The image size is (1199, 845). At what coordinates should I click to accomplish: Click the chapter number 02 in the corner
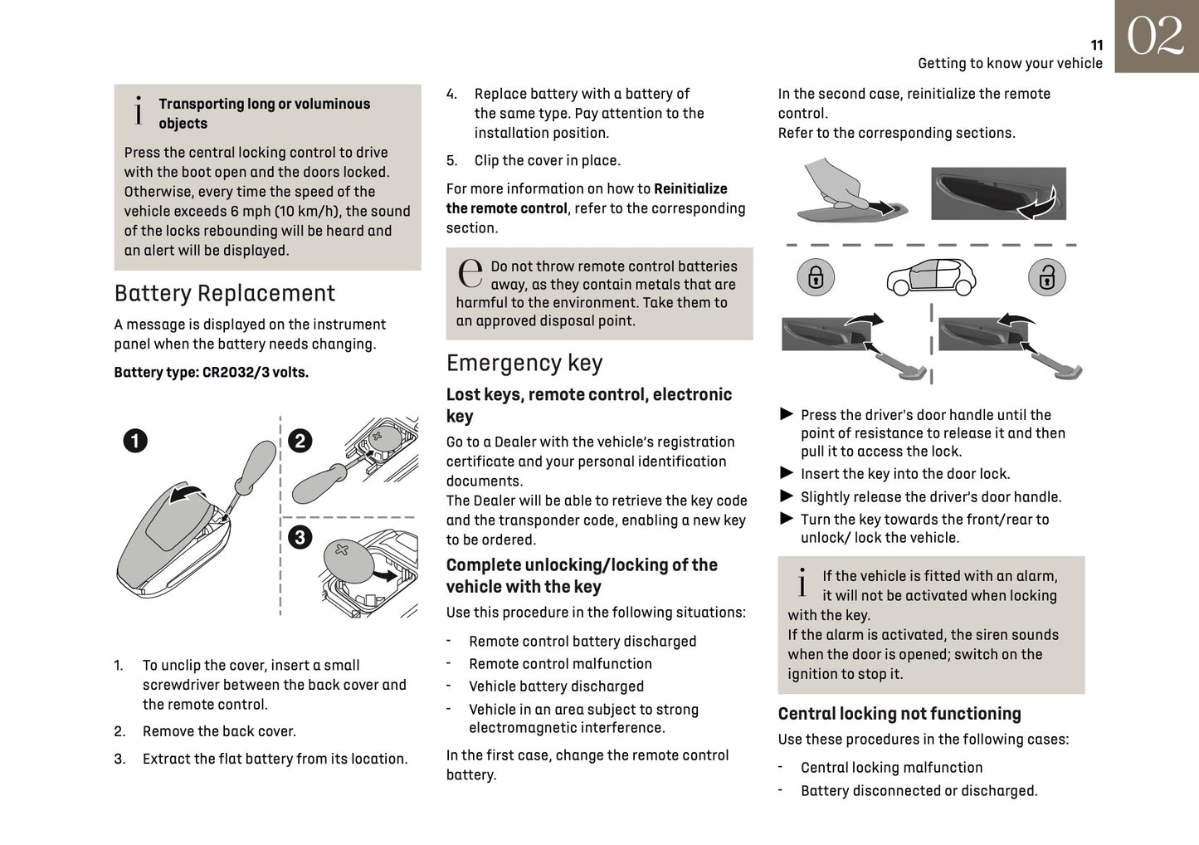coord(1155,37)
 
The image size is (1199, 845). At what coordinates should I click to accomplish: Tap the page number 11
coord(1096,46)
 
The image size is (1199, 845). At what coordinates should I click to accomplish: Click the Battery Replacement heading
coord(225,293)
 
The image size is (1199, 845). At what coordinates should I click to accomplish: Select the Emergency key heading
coord(524,363)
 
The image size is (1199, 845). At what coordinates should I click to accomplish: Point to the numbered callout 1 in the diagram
coord(135,440)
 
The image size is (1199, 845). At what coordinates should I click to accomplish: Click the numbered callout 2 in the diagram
coord(300,440)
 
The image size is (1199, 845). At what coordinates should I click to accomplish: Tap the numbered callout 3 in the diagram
coord(300,537)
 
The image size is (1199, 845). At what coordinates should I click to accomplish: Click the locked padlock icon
coord(816,277)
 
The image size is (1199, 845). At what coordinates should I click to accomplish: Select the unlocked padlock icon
coord(1046,277)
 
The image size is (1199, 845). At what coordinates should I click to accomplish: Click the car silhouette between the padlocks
coord(931,277)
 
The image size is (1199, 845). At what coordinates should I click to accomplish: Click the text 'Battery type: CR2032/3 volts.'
coord(211,373)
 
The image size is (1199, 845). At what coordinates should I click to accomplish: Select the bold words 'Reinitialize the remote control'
coord(586,199)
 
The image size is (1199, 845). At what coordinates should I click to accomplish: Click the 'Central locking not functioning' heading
coord(899,714)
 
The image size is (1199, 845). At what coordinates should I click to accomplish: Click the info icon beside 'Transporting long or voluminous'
coord(139,111)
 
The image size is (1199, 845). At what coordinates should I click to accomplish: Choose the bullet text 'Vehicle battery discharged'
coord(556,686)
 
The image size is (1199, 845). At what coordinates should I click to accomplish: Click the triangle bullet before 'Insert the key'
coord(787,473)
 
